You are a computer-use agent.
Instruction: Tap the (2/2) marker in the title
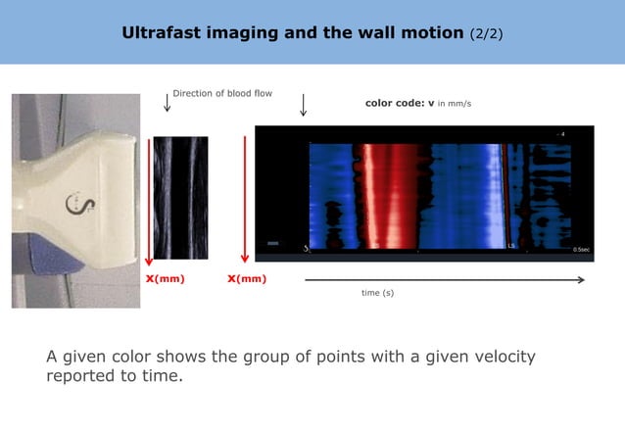[x=486, y=33]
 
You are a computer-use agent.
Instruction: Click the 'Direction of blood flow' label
[x=222, y=94]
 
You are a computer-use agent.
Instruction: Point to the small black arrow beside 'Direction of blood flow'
[x=167, y=103]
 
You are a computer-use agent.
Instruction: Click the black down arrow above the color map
[x=303, y=105]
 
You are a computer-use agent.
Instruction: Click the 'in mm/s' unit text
[x=455, y=103]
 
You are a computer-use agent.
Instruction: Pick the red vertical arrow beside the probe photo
[x=148, y=201]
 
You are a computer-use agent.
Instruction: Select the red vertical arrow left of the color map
[x=244, y=200]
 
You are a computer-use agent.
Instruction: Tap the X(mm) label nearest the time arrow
[x=247, y=279]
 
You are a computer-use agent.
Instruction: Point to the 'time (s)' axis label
[x=378, y=293]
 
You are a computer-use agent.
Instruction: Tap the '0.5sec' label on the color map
[x=581, y=250]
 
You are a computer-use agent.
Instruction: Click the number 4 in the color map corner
[x=562, y=133]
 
